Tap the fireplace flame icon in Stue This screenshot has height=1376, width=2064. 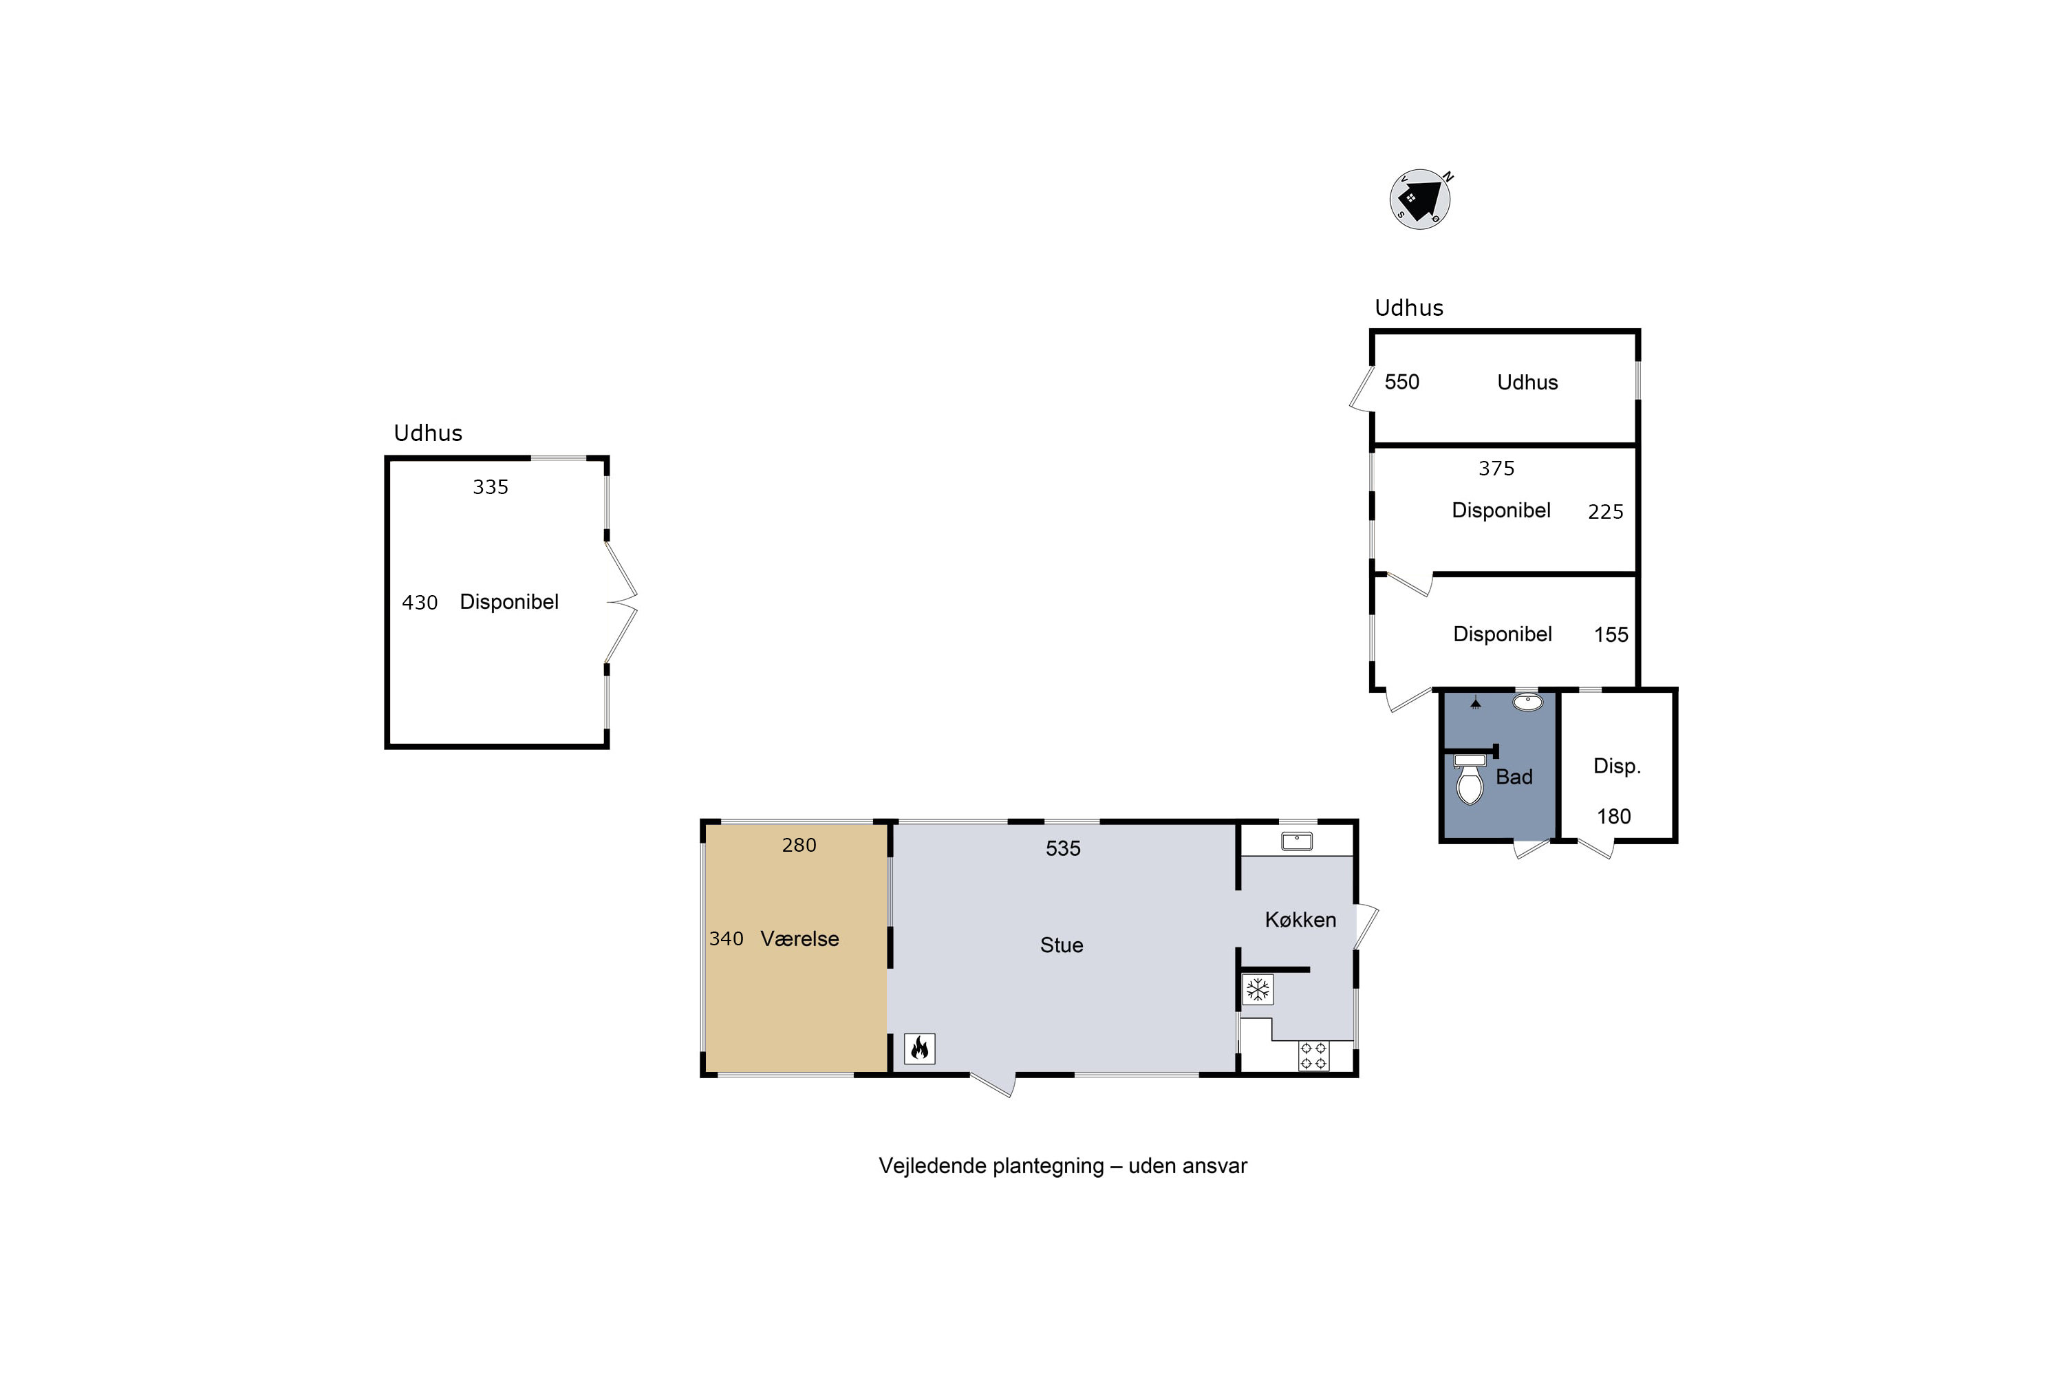coord(920,1049)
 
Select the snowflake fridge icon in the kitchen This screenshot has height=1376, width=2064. coord(1258,990)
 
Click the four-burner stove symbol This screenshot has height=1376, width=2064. coord(1313,1055)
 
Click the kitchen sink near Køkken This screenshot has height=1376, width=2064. coord(1296,841)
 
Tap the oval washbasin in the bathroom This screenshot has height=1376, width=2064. coord(1528,702)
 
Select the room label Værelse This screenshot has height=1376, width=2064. coord(799,939)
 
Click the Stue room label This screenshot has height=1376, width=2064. coord(1062,945)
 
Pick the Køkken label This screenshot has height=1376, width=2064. coord(1300,920)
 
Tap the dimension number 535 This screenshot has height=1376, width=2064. coord(1063,848)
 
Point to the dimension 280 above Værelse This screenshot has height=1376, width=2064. coord(799,845)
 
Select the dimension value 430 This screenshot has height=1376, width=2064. coord(420,603)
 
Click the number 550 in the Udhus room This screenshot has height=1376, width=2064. coord(1401,382)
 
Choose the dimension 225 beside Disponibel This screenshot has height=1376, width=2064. coord(1605,512)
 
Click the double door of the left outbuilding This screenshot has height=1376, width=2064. coord(621,602)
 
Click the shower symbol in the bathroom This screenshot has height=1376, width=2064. coord(1476,702)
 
